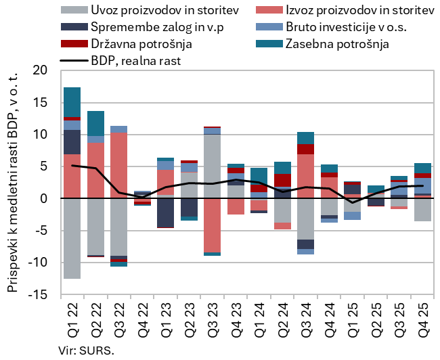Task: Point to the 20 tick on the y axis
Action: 40,70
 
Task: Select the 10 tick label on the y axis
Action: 40,135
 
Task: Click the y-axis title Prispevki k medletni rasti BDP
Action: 12,183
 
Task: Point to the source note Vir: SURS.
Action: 87,350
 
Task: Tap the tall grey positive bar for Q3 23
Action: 213,166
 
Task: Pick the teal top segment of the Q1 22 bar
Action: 72,102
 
